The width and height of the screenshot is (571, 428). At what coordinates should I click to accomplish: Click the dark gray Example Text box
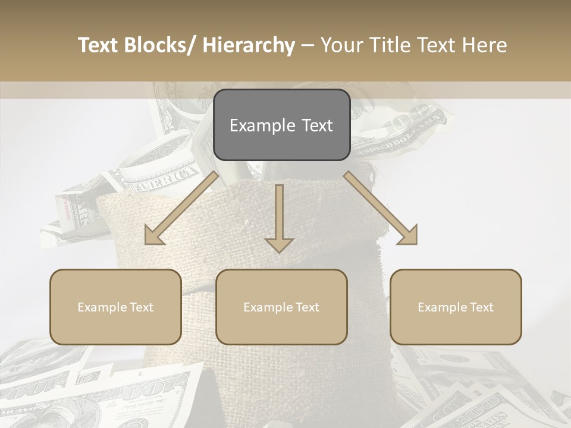point(281,125)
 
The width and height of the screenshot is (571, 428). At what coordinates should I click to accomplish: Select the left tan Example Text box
point(115,307)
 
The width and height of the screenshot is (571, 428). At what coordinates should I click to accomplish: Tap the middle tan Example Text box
point(281,307)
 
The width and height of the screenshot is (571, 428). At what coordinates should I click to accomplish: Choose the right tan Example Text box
point(456,307)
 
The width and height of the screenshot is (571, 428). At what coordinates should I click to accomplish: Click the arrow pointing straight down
point(279,217)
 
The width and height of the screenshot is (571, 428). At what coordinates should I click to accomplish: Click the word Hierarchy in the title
point(249,45)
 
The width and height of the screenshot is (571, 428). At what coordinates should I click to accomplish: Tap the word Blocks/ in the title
point(161,45)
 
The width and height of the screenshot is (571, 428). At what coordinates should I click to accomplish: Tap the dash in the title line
point(308,46)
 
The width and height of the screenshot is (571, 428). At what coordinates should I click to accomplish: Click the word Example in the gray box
point(262,125)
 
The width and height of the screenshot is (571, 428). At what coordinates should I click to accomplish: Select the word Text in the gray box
point(316,125)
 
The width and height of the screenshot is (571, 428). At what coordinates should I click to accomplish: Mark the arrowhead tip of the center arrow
point(279,253)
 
